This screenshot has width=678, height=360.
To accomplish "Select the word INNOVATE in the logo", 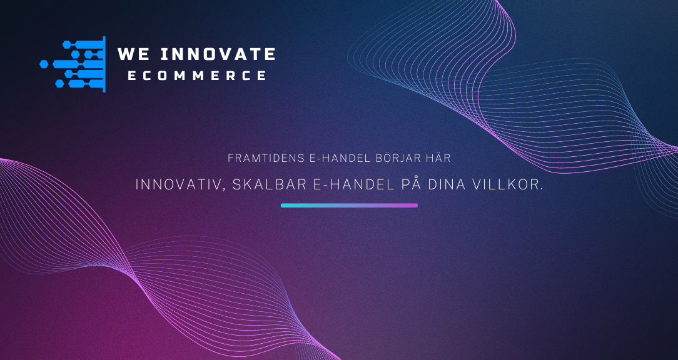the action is coord(218,54).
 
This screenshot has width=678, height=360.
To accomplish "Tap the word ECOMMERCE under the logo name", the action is coord(197,76).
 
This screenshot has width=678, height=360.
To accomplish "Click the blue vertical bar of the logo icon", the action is coord(104,64).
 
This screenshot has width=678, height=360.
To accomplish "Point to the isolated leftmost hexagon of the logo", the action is coord(44,64).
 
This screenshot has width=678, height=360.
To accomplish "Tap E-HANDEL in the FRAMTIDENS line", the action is coord(340,158).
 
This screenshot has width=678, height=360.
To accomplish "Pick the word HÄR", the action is coord(439,157).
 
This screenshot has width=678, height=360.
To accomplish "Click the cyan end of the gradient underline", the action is coord(283,205).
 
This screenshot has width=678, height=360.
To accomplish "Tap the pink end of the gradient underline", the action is coord(416,205).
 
